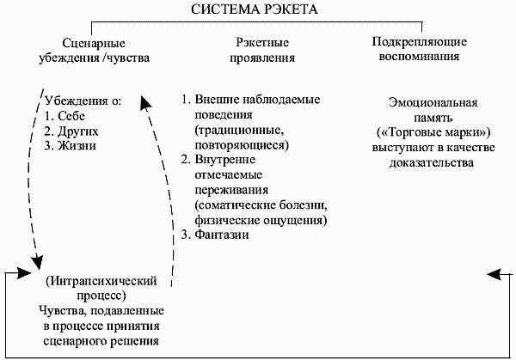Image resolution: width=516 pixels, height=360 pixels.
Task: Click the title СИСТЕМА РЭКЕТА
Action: [255, 9]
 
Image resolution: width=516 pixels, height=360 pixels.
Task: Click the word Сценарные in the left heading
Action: [94, 44]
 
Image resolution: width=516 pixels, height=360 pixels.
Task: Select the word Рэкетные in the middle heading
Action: [262, 43]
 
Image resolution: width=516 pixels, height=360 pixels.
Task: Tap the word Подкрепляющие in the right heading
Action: [420, 42]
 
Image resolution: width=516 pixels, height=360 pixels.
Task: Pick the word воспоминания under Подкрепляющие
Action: [419, 56]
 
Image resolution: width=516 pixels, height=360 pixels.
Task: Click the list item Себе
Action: [71, 116]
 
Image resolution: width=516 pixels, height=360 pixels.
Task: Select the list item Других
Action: [78, 131]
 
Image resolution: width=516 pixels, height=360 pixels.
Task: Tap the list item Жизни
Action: [77, 145]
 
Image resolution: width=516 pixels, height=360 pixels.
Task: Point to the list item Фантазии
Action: [222, 235]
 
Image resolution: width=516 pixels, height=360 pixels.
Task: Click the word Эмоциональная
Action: [433, 102]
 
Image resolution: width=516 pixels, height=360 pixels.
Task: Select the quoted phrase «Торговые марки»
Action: [433, 132]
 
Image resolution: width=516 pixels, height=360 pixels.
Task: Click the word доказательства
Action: [432, 162]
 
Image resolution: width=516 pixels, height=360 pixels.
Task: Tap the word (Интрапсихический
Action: [101, 281]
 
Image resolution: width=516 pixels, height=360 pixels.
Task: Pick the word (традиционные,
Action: [239, 130]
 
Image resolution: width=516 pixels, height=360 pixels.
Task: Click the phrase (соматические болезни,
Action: [261, 205]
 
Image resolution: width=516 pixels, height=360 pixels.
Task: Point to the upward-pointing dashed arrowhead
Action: [145, 103]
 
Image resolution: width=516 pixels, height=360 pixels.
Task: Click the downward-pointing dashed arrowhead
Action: [37, 262]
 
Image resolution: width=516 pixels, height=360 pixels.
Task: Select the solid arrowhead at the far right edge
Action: [495, 274]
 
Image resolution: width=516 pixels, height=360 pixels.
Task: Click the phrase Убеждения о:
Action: [83, 101]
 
